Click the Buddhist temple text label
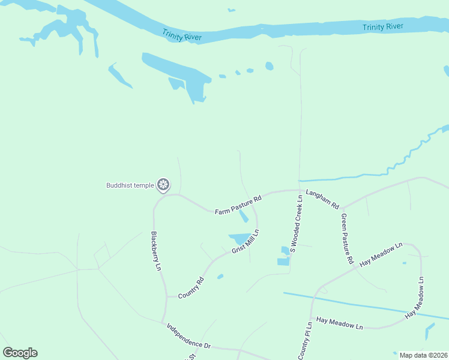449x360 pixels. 130,185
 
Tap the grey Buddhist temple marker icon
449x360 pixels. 163,185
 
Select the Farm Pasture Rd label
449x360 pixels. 238,205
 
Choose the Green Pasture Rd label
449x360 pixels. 346,239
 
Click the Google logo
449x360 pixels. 20,353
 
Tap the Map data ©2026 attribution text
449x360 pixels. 424,355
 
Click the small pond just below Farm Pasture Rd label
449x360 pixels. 244,216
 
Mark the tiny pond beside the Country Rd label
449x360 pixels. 220,277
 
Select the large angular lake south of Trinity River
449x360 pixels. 180,72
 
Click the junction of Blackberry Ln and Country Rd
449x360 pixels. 166,296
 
